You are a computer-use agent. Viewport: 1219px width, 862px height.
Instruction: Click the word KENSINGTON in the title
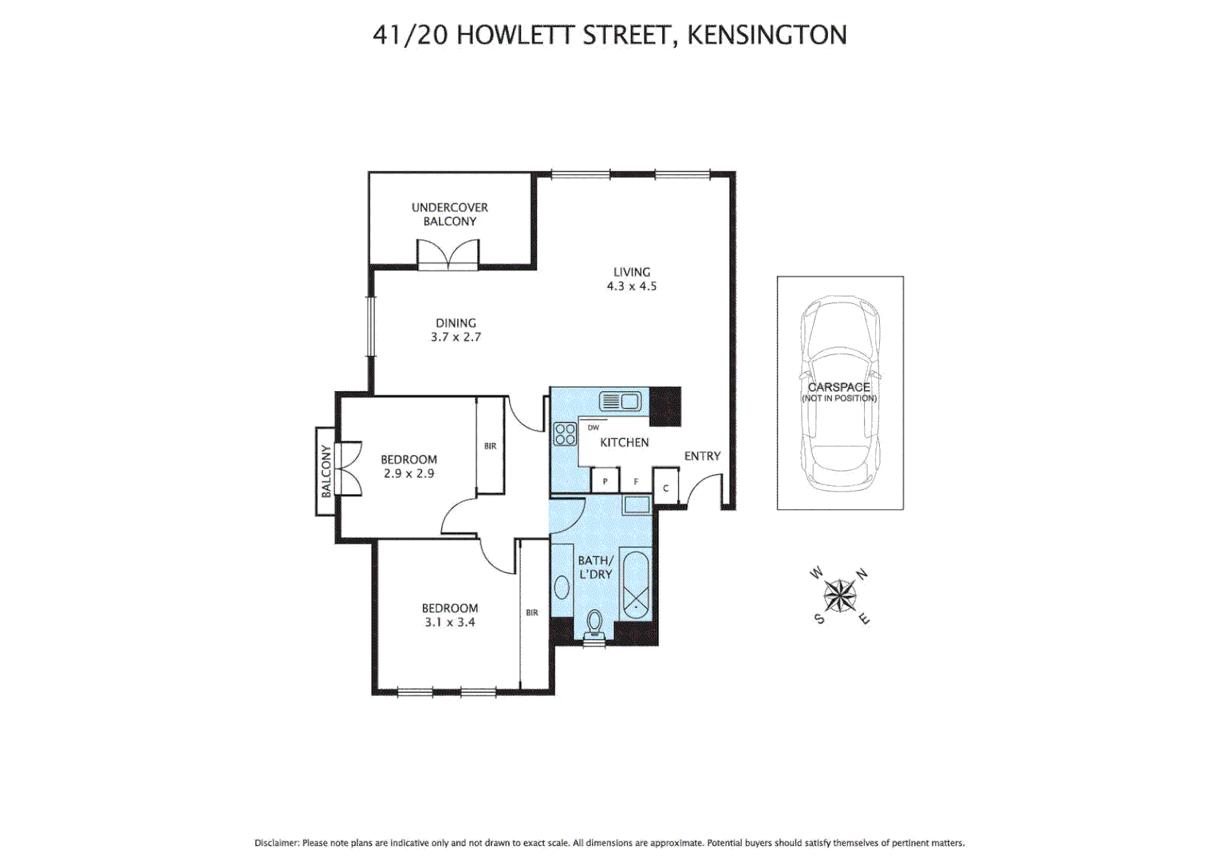click(x=767, y=35)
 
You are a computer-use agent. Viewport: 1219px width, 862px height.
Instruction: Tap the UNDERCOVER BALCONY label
click(x=449, y=214)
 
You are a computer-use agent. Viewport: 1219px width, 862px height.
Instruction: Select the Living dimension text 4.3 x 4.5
click(x=631, y=286)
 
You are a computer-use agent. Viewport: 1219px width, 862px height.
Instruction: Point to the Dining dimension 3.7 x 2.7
click(x=456, y=337)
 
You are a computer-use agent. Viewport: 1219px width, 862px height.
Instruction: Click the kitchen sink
click(x=620, y=401)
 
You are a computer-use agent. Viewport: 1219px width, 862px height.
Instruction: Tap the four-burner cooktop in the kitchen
click(x=565, y=434)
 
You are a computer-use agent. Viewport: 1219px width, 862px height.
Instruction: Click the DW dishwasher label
click(x=593, y=428)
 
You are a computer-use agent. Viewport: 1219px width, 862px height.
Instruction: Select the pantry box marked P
click(x=605, y=481)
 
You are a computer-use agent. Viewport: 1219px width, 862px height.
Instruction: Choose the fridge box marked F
click(x=636, y=481)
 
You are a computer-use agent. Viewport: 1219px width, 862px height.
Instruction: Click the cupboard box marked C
click(x=665, y=488)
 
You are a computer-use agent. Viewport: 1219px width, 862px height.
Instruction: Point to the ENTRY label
click(x=702, y=456)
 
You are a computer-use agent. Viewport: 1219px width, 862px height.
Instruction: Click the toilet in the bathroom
click(x=594, y=624)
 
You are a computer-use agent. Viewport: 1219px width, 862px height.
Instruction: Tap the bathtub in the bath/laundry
click(x=636, y=584)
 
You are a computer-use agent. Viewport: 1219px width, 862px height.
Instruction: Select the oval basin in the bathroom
click(x=562, y=587)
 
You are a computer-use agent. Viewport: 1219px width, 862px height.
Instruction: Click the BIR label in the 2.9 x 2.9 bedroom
click(x=490, y=446)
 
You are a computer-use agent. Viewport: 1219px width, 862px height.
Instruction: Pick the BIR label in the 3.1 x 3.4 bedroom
click(x=531, y=613)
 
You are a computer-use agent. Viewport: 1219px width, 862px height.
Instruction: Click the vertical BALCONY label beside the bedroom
click(x=326, y=472)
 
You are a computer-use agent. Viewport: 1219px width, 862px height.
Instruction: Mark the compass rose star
click(x=839, y=595)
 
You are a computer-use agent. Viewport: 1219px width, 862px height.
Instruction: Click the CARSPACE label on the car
click(x=838, y=387)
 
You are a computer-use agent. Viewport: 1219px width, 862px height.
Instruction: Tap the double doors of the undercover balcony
click(x=448, y=255)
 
